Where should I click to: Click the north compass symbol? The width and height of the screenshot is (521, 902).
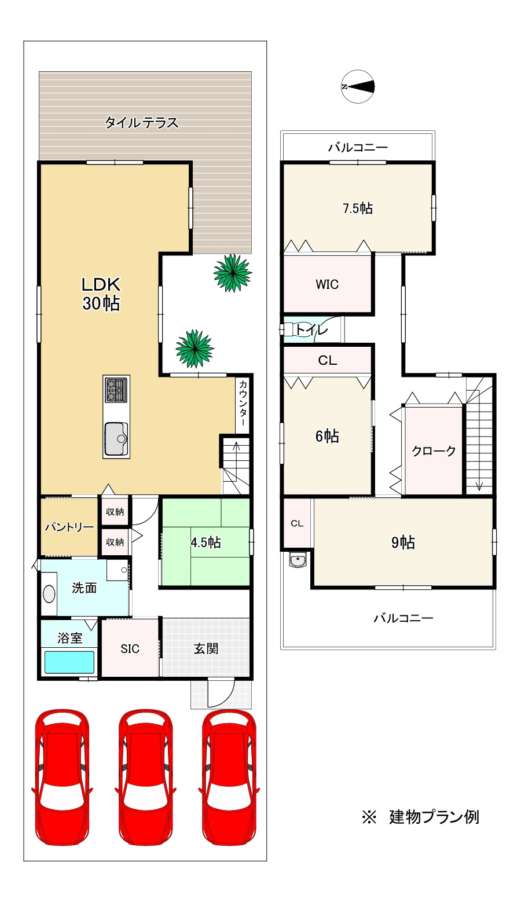point(358,87)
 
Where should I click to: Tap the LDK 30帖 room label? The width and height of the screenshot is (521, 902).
point(101,294)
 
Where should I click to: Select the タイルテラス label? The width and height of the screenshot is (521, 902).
point(141,122)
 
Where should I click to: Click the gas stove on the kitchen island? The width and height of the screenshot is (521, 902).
point(116,390)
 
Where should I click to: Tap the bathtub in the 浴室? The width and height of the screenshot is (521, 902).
point(69,662)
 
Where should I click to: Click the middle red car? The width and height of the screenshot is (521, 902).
point(146,777)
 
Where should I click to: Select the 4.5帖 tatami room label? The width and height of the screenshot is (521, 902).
point(206,542)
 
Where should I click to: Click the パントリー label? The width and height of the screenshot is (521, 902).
point(69,527)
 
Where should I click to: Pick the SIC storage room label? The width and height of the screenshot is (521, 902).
point(130,649)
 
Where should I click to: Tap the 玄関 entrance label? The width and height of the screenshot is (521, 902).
point(206,648)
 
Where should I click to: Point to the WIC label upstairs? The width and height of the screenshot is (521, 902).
point(327,284)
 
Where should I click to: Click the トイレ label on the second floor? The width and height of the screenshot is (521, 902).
point(311,330)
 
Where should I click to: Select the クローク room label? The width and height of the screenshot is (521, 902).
point(433,450)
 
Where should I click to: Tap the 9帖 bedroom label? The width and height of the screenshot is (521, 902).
point(403,542)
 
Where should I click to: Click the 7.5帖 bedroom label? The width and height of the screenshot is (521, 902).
point(358,208)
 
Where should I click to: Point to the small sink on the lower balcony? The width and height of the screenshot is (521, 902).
point(298,560)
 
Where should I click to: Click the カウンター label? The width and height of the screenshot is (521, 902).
point(243,403)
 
